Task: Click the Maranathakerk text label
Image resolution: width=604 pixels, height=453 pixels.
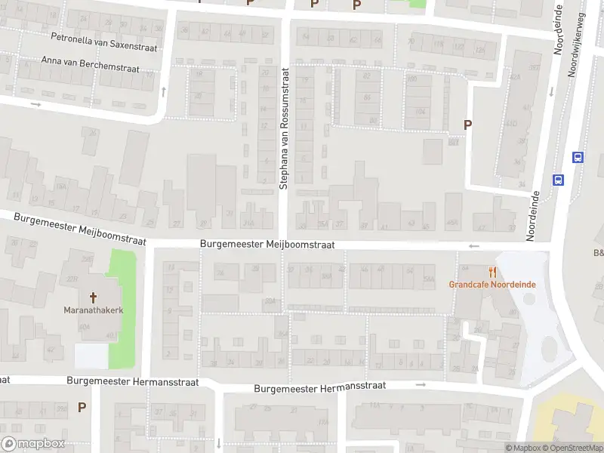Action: (x=94, y=310)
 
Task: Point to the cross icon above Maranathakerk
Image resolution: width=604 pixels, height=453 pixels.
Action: (x=94, y=297)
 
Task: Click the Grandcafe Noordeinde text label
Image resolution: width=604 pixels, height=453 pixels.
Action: (x=492, y=285)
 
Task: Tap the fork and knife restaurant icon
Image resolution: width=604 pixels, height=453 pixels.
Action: (x=493, y=272)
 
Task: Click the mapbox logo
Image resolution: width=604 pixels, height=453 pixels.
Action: (x=33, y=444)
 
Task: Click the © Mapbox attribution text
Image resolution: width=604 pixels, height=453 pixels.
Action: (x=525, y=448)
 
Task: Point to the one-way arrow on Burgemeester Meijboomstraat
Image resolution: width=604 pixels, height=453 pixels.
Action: (x=474, y=246)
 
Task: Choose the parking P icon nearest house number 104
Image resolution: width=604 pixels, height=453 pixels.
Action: (x=467, y=125)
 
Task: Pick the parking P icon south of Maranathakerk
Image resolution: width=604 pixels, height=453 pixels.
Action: (x=82, y=408)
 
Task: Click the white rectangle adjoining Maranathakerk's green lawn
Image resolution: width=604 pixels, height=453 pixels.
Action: (x=91, y=355)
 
